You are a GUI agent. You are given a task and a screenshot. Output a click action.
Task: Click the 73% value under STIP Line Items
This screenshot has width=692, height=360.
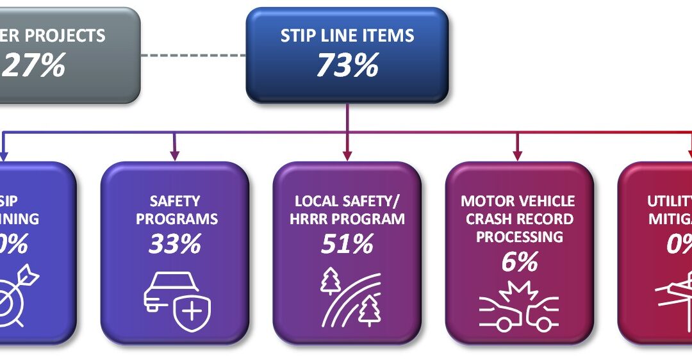pyautogui.click(x=347, y=65)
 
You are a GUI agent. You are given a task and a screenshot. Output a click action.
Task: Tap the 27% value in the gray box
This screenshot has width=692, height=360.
pyautogui.click(x=35, y=65)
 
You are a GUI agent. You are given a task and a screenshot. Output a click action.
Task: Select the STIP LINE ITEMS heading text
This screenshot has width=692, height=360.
pyautogui.click(x=347, y=36)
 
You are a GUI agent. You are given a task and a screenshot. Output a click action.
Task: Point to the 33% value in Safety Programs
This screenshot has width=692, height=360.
pyautogui.click(x=174, y=244)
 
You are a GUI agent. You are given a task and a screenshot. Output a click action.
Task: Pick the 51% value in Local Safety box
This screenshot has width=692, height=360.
pyautogui.click(x=347, y=244)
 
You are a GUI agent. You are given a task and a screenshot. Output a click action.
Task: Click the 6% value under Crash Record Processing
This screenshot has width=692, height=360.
pyautogui.click(x=518, y=262)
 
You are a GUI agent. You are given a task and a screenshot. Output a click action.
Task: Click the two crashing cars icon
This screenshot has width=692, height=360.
pyautogui.click(x=518, y=306)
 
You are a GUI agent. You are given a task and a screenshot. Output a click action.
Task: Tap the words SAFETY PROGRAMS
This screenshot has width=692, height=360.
pyautogui.click(x=174, y=210)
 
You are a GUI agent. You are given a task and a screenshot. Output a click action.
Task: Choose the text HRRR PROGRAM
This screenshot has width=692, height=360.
pyautogui.click(x=347, y=219)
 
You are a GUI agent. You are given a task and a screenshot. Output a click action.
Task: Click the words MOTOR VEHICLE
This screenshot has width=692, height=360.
pyautogui.click(x=518, y=201)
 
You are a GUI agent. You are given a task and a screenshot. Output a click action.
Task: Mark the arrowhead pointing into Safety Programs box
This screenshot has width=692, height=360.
pyautogui.click(x=174, y=156)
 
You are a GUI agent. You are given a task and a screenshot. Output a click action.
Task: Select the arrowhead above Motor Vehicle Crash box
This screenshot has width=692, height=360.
pyautogui.click(x=518, y=156)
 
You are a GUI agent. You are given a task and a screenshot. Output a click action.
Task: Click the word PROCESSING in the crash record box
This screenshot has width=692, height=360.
pyautogui.click(x=518, y=236)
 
